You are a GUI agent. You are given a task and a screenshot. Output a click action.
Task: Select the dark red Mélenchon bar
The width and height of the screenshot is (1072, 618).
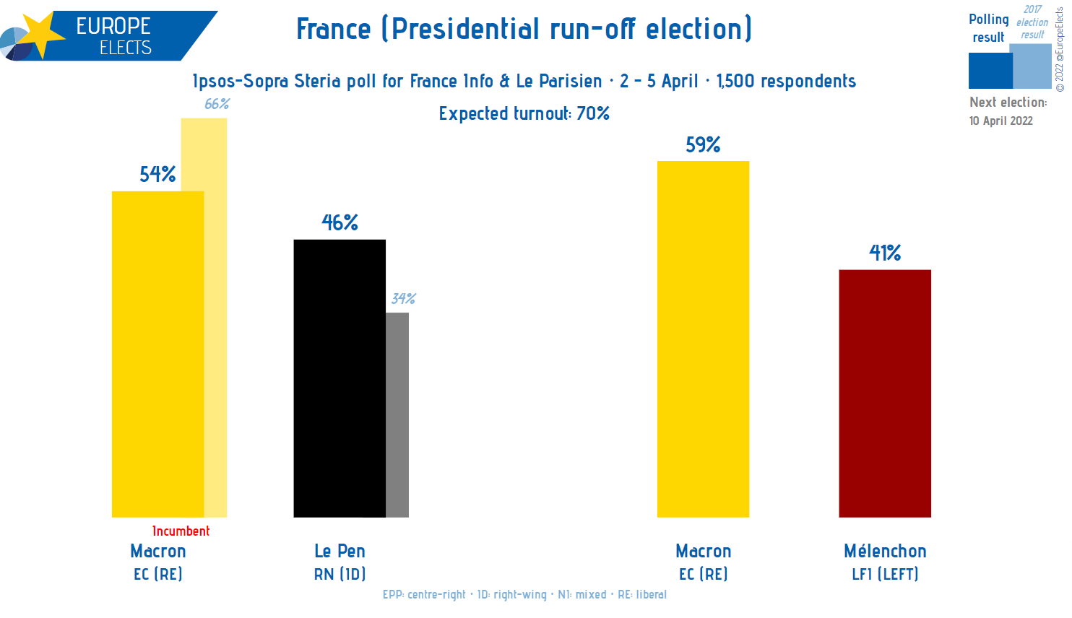[884, 393]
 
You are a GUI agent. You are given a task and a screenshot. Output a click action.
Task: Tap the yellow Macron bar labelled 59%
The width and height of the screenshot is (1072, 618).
[703, 339]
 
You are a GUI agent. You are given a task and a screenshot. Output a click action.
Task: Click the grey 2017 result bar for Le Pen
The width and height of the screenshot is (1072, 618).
[397, 415]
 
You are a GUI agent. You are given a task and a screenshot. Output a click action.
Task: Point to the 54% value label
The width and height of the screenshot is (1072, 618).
[157, 175]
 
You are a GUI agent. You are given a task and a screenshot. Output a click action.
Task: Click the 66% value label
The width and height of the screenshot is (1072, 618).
[217, 104]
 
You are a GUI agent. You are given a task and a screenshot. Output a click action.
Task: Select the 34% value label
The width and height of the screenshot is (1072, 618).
[403, 299]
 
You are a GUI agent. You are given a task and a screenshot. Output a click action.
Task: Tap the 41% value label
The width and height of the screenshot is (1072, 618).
[885, 253]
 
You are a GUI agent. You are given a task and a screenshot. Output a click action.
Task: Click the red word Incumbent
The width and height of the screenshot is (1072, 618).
[181, 531]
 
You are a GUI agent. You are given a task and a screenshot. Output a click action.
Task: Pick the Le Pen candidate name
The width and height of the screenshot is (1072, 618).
[340, 552]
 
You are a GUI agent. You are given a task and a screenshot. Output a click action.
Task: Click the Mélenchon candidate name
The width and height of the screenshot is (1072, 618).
[885, 552]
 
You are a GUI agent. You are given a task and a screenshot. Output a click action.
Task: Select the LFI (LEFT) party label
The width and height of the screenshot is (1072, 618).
[885, 575]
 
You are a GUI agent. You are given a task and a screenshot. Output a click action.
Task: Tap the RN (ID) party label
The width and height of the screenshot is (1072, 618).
[340, 575]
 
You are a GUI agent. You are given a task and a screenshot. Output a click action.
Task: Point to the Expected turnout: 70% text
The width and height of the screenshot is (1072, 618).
[524, 114]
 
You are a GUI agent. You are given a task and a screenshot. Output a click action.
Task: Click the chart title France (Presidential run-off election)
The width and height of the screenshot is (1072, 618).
[524, 30]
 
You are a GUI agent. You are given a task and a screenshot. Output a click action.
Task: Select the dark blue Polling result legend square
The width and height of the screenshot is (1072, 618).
[990, 71]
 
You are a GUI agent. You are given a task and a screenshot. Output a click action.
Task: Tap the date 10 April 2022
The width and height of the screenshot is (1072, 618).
[1000, 121]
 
